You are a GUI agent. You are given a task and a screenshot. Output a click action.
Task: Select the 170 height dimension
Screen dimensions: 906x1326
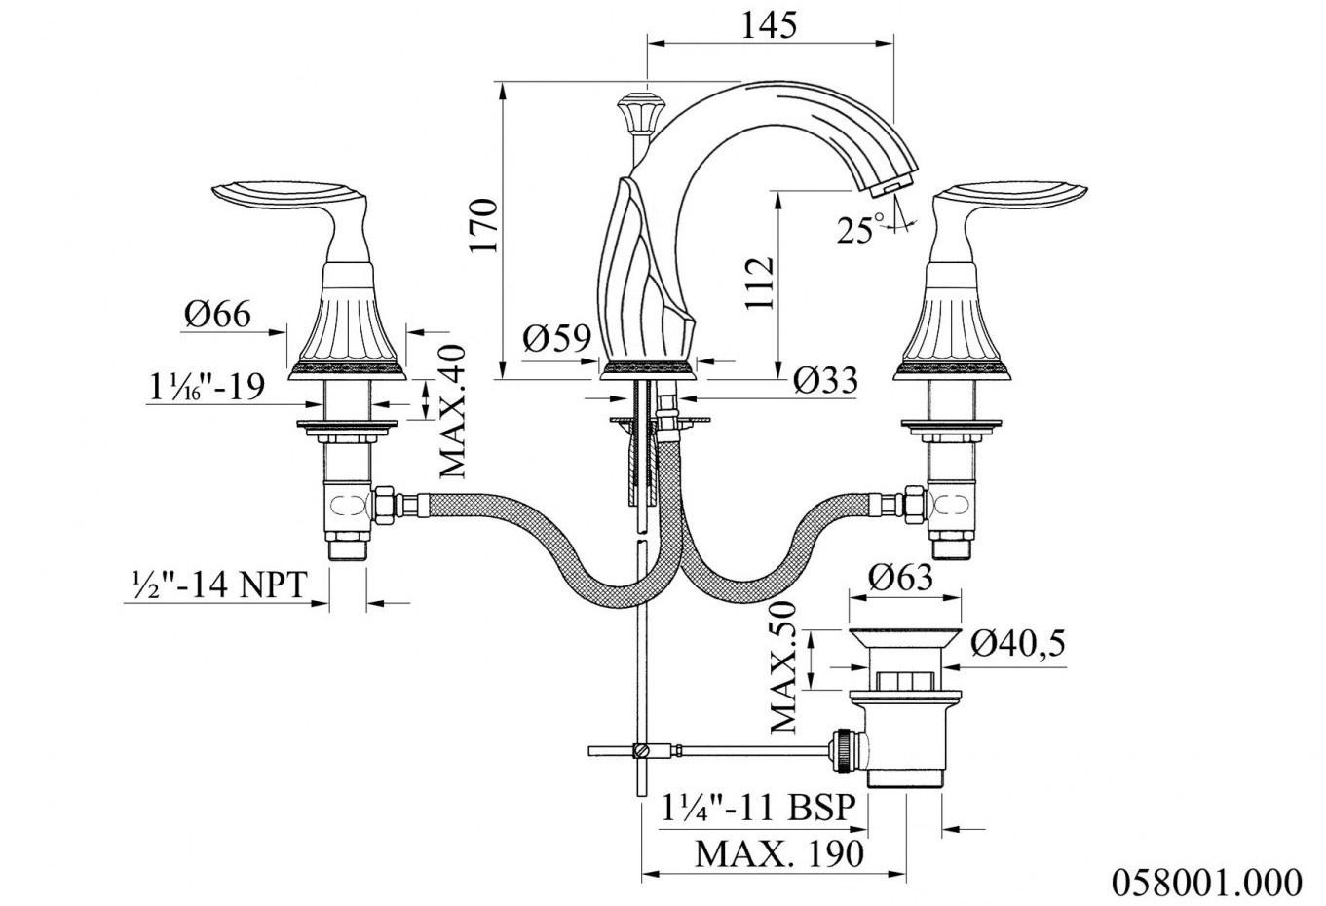[484, 226]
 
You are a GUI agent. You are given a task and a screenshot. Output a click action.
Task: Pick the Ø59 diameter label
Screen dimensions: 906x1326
[557, 339]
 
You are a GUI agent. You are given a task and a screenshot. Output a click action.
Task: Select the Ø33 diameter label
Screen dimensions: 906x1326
[825, 380]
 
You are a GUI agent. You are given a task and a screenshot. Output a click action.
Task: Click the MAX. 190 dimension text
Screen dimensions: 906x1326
[779, 854]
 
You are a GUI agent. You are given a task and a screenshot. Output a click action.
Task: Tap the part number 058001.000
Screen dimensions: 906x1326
[1206, 882]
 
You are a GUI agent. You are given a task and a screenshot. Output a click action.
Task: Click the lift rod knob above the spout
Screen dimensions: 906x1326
[635, 112]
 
